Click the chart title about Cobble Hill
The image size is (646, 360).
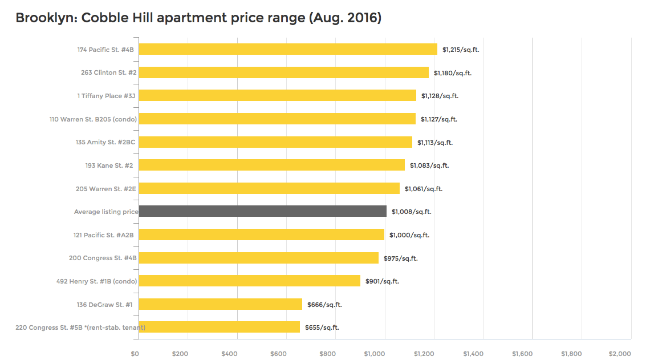(x=198, y=18)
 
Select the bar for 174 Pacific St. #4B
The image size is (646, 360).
(x=288, y=50)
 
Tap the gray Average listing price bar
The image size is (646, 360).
(x=262, y=212)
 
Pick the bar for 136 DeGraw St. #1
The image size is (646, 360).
(x=220, y=304)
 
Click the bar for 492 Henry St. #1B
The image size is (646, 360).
(x=249, y=281)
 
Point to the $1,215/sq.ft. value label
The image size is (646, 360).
(x=461, y=50)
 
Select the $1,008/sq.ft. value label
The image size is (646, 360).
(x=411, y=212)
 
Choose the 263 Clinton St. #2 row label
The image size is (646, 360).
(x=108, y=72)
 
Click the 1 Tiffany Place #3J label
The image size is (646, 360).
(x=106, y=96)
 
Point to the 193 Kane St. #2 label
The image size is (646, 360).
(x=109, y=165)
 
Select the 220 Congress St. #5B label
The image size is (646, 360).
(x=80, y=327)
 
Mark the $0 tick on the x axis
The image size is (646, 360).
(x=135, y=354)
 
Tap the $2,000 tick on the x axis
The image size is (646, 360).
(x=620, y=354)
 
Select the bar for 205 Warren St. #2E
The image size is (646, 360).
(x=269, y=188)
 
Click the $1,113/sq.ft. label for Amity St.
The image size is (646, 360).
(x=435, y=142)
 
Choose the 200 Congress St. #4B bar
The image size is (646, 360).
(x=258, y=258)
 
